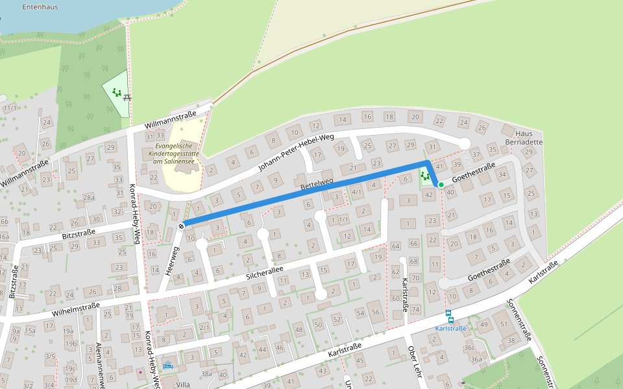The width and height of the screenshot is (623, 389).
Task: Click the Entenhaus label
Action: click(x=40, y=7)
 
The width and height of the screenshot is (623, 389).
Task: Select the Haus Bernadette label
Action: click(x=523, y=137)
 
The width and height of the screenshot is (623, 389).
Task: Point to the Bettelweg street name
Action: click(x=317, y=184)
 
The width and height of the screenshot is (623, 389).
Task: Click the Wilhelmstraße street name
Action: click(x=75, y=309)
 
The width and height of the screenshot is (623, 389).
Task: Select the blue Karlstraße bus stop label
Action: click(x=450, y=329)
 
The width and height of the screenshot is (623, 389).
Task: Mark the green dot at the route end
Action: click(x=441, y=185)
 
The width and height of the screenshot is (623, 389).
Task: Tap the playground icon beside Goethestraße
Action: click(x=426, y=176)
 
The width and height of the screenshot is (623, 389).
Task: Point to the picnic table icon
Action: click(x=127, y=97)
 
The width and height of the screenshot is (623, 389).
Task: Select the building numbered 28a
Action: click(x=88, y=197)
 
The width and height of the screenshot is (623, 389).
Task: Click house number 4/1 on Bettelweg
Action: click(x=356, y=192)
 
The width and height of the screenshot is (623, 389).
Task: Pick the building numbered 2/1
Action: click(x=204, y=328)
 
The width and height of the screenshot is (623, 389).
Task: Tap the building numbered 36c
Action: click(x=470, y=348)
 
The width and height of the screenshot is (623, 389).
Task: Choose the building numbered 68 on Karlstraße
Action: click(x=415, y=261)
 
